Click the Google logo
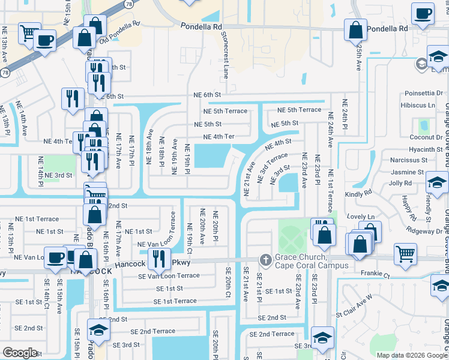click(20, 353)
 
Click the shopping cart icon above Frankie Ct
click(405, 254)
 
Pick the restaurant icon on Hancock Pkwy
click(158, 259)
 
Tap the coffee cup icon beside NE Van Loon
click(56, 257)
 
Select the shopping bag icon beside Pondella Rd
click(355, 29)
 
